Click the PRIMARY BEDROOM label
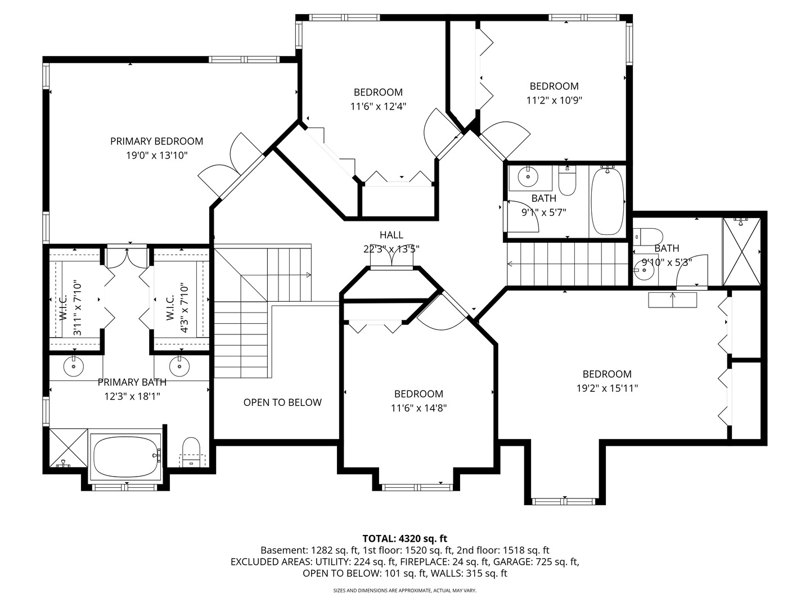click(156, 141)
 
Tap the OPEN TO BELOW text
click(282, 402)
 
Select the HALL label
click(391, 235)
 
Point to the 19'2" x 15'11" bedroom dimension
click(607, 388)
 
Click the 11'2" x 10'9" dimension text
click(554, 100)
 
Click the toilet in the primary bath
click(191, 452)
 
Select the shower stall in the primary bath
click(69, 448)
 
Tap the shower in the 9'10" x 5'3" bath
click(741, 252)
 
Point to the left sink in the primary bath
click(74, 366)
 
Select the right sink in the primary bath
click(179, 366)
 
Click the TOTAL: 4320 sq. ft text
click(405, 538)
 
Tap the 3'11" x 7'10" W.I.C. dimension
click(77, 309)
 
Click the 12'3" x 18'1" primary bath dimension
click(132, 397)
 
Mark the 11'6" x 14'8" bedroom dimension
click(419, 408)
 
